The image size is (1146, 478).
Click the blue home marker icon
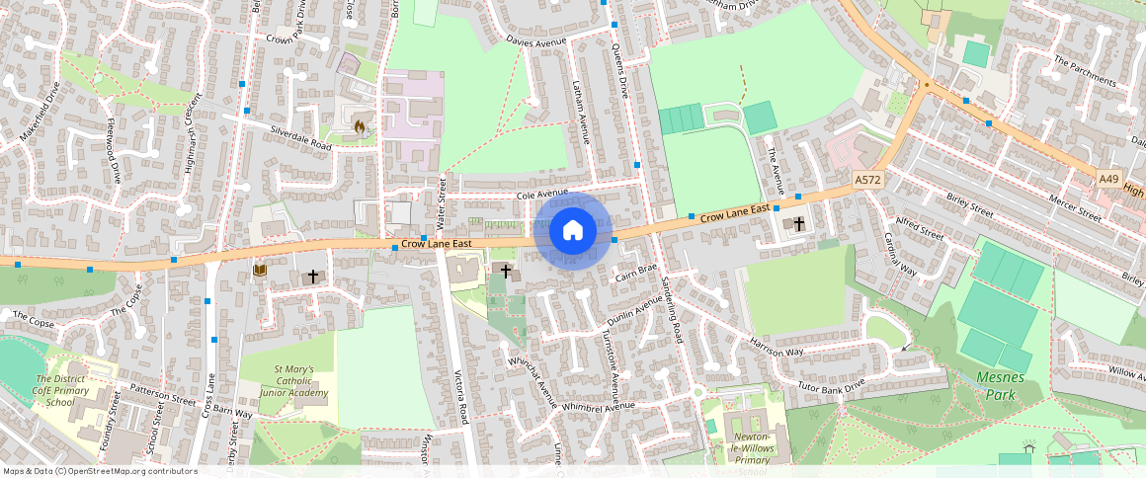[572, 231]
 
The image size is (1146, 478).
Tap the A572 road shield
[867, 179]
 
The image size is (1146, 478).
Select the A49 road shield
[1110, 178]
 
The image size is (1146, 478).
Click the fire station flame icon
[359, 125]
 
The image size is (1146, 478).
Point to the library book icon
[260, 270]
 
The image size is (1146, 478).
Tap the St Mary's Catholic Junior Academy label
[294, 381]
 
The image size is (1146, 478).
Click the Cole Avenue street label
[542, 195]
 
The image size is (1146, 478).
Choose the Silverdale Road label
[301, 137]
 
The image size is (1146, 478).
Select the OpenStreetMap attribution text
[100, 471]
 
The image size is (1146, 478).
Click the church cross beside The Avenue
[798, 224]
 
